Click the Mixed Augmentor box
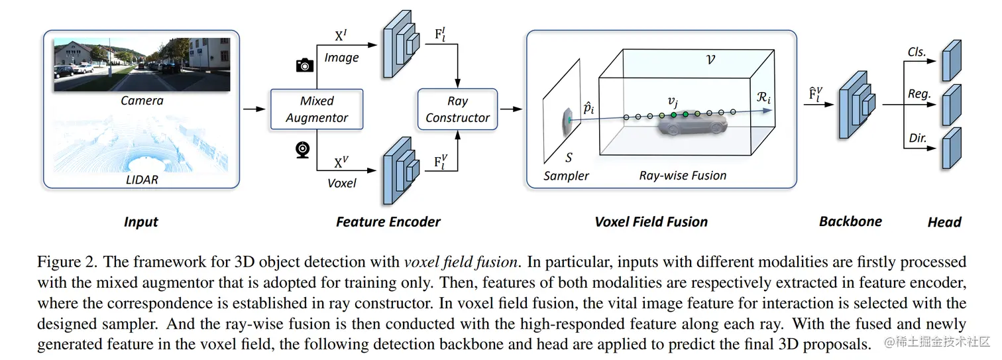coord(317,109)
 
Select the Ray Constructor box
coord(457,109)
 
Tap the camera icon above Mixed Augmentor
coord(304,64)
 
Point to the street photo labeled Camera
coord(142,64)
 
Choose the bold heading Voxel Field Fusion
coord(651,222)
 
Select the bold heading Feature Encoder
coord(388,222)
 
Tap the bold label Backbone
coord(850,221)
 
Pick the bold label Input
coord(140,222)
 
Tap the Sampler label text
coord(566,176)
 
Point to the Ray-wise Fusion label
coord(683,176)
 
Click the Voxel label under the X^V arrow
coord(341,183)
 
